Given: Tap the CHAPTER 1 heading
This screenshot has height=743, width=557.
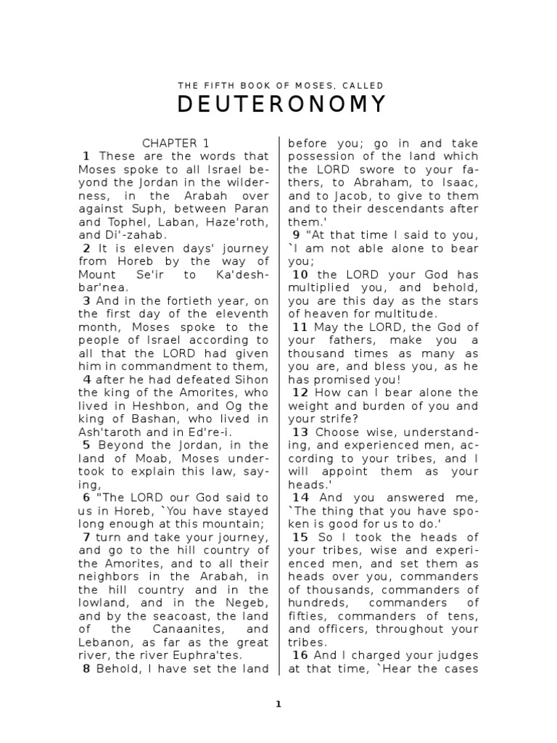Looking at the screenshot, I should (176, 143).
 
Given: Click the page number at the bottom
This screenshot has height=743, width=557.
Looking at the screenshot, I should (278, 703).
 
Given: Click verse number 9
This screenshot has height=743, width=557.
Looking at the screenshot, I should (296, 235).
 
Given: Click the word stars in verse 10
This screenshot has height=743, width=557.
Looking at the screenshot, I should (461, 300).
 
